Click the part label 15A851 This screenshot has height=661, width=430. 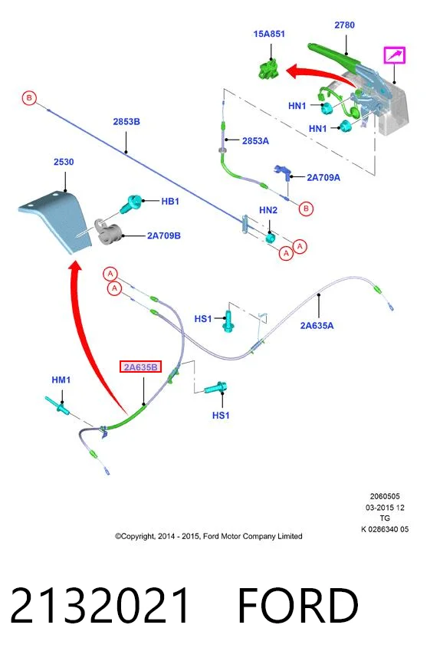coord(269,34)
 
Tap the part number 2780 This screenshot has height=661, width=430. coord(344,25)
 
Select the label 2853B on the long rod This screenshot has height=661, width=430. coord(126,121)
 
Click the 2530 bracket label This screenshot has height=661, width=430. coord(64,162)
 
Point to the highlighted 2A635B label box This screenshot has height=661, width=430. coord(140,367)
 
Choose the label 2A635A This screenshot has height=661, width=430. coord(317,325)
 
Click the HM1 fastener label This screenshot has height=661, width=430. coord(61,380)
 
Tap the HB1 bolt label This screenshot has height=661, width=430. coord(170,201)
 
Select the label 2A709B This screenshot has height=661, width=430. coord(163,235)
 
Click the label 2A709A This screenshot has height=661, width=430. coord(323,177)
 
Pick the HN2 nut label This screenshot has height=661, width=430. coord(268,210)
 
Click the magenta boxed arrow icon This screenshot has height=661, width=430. coord(394,55)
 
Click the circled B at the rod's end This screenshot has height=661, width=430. coord(29,98)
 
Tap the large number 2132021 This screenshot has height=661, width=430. coord(100,605)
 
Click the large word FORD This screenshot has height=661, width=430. coord(298,605)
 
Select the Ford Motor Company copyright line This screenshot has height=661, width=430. coord(208,536)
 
